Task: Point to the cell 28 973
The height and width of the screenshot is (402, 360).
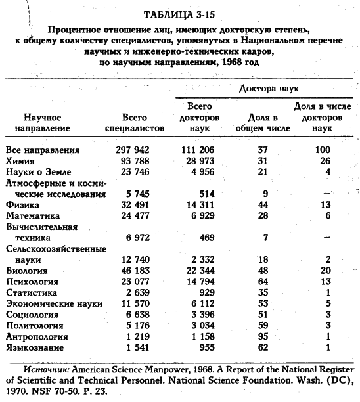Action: click(x=197, y=160)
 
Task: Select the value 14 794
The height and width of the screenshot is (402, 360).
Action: click(x=197, y=280)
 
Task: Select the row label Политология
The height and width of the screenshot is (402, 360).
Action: click(x=34, y=324)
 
